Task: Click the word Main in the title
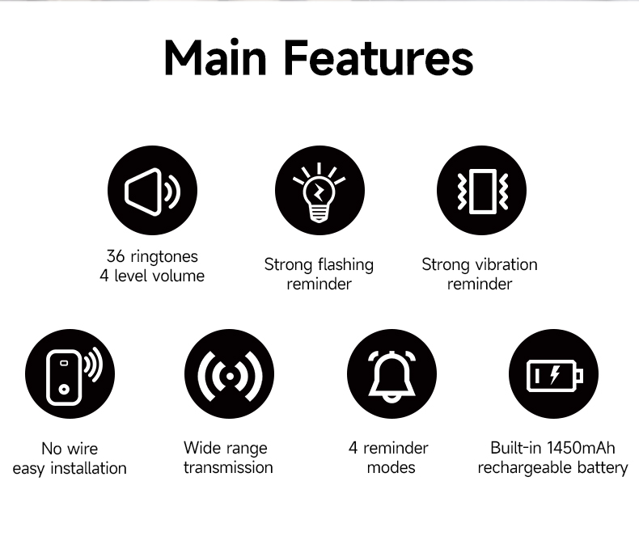point(216,57)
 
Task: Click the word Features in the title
point(379,57)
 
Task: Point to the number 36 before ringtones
point(116,256)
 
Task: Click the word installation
point(88,468)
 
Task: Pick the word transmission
point(228,467)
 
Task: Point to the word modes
point(391,467)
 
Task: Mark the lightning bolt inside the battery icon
point(555,374)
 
